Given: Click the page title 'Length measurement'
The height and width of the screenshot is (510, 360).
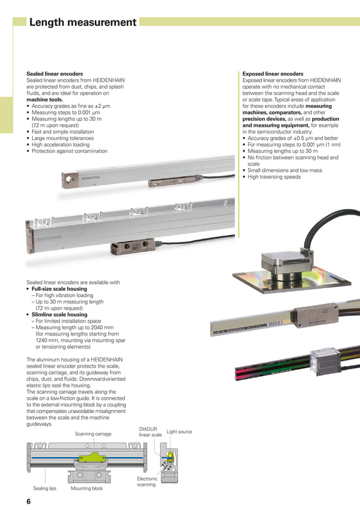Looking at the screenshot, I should [x=82, y=23].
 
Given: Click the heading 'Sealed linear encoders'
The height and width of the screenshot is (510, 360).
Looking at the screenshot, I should [x=55, y=74].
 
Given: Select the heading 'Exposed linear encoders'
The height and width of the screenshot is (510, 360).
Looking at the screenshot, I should [x=273, y=74].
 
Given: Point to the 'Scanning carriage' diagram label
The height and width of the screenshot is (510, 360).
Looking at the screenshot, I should [x=93, y=434].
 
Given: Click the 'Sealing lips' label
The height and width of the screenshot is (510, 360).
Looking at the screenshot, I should [x=45, y=489].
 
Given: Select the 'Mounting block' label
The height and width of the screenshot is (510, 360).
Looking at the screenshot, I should [x=87, y=489].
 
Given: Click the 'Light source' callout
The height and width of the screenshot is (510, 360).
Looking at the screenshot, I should [x=179, y=432].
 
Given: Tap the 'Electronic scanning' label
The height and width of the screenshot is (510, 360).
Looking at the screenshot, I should [x=147, y=481].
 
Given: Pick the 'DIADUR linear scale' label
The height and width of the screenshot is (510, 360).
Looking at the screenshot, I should [x=150, y=432].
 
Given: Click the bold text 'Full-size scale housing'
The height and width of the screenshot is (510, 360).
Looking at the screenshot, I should [x=59, y=289].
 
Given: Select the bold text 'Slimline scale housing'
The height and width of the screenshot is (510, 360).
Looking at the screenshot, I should [x=58, y=315].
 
